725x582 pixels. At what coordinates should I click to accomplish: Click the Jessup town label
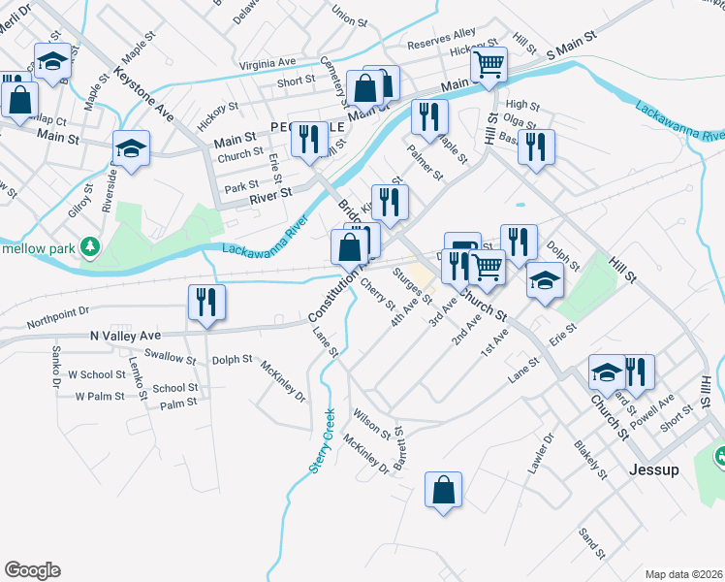[x=653, y=469]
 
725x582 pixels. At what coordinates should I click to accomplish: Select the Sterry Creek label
[x=322, y=439]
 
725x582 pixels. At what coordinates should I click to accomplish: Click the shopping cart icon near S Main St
[x=489, y=65]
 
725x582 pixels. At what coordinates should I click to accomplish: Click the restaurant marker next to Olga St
[x=536, y=146]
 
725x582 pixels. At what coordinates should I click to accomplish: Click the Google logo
[x=33, y=569]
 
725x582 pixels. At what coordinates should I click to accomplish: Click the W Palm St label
[x=100, y=396]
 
